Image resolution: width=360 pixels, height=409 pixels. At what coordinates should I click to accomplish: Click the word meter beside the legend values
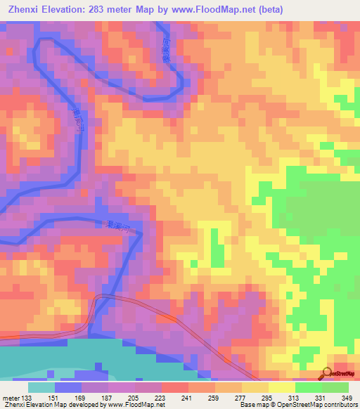click(x=11, y=397)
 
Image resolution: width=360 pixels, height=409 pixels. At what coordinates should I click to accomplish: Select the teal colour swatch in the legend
click(x=41, y=387)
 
